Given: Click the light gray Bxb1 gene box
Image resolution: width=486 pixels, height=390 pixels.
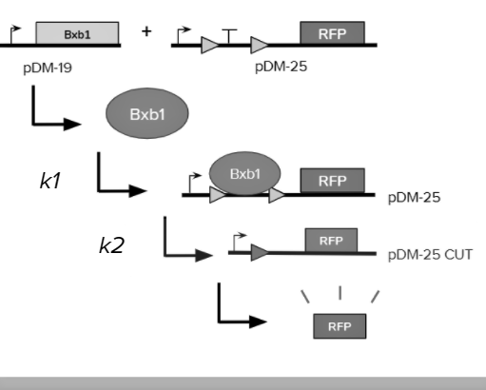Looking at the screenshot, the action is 77,33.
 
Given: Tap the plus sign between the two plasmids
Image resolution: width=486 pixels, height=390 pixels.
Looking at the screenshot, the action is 146,31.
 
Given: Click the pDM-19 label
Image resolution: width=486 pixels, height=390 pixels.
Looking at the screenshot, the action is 48,68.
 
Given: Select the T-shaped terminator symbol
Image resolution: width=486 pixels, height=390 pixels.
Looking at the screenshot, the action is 229,36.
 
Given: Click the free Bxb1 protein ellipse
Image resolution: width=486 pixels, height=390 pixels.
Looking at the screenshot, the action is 147,113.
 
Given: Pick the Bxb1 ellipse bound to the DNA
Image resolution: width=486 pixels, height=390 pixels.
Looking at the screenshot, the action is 244,173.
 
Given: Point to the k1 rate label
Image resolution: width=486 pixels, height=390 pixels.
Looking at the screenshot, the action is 50,181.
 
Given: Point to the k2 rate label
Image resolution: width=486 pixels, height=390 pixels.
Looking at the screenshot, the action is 111,245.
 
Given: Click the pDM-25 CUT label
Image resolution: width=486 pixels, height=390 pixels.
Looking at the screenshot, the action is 430,255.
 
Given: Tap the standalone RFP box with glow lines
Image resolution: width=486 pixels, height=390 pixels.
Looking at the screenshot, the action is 340,326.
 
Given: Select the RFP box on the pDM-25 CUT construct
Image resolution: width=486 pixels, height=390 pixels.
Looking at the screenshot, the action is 331,241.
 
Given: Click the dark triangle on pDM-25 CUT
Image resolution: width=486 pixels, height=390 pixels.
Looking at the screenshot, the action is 260,253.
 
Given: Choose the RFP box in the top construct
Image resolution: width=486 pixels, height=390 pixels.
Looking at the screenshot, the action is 332,33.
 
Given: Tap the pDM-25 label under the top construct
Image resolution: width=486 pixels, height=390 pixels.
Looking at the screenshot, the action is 281,67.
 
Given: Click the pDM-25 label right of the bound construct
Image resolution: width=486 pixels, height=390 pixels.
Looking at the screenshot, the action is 414,198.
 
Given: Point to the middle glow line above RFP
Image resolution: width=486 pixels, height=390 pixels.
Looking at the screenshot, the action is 340,293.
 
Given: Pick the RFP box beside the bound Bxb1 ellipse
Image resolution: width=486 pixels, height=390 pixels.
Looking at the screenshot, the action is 333,181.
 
